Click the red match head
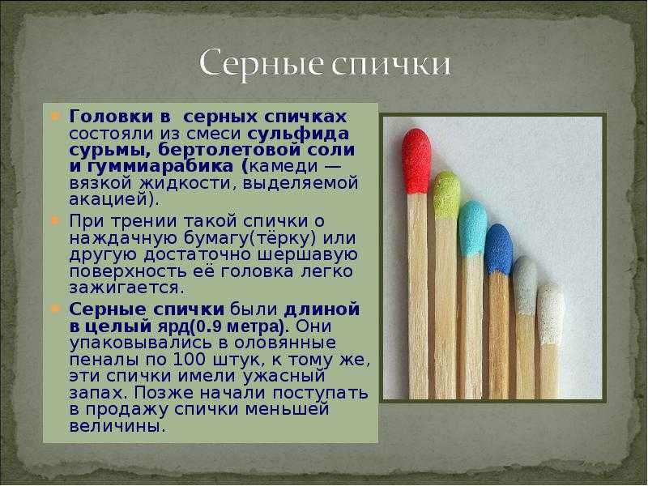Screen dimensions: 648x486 416,161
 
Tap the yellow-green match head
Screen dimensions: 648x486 446,194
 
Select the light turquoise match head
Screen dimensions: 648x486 472,228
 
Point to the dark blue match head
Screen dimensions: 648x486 498,249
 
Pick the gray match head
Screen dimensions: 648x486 524,285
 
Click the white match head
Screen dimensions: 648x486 551,313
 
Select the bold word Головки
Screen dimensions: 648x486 111,117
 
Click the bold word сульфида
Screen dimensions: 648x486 298,134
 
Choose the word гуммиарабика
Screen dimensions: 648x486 160,167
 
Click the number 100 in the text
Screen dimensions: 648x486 189,359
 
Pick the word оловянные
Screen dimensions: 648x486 285,343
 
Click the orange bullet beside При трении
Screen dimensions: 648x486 55,221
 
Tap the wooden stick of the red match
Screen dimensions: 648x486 418,296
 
